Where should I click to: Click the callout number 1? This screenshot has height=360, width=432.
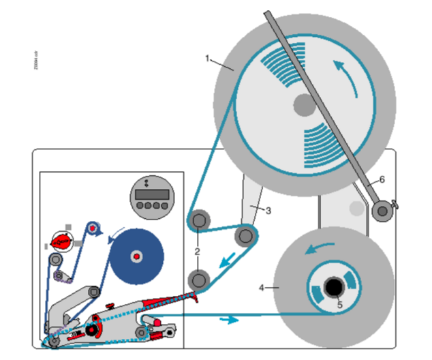(x=207, y=57)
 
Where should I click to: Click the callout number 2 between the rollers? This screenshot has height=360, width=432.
(x=197, y=251)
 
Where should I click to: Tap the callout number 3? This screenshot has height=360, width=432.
(x=268, y=211)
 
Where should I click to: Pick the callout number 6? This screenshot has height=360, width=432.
(x=382, y=179)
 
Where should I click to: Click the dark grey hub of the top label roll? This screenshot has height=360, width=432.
(x=304, y=104)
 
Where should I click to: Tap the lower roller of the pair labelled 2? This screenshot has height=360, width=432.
(x=200, y=279)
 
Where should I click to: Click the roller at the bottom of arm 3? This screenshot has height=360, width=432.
(x=245, y=236)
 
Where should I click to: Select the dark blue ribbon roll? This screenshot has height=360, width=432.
(x=137, y=256)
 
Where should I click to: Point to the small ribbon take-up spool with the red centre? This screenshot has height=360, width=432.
(x=93, y=227)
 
